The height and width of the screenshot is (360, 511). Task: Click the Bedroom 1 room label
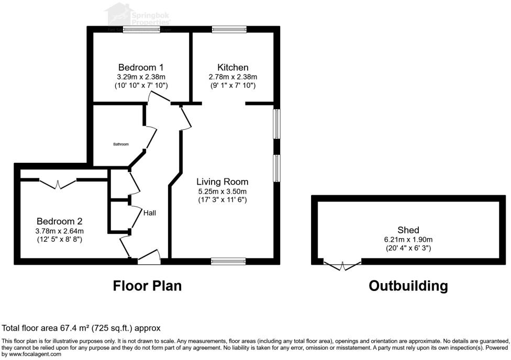tap(141, 67)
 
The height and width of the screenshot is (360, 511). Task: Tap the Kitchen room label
tap(233, 67)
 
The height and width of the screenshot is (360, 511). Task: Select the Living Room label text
tap(222, 182)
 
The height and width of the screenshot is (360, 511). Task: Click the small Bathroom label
tap(121, 144)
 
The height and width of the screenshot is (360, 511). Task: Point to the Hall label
tap(149, 213)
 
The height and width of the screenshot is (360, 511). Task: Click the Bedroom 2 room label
tap(59, 221)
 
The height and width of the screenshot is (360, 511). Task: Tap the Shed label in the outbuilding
tap(408, 230)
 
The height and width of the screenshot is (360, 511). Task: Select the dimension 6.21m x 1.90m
tap(408, 240)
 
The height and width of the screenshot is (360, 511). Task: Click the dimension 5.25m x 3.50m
tap(222, 191)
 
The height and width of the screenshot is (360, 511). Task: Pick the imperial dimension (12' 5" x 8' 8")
tap(59, 239)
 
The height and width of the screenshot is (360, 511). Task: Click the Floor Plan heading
tap(147, 286)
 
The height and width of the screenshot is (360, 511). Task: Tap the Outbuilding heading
tap(408, 286)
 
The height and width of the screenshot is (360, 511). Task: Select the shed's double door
tap(342, 265)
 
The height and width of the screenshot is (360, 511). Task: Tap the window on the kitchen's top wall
tap(229, 30)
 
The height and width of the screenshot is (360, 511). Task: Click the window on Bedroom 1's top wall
tap(141, 30)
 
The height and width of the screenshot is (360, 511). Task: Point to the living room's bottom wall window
tap(228, 261)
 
